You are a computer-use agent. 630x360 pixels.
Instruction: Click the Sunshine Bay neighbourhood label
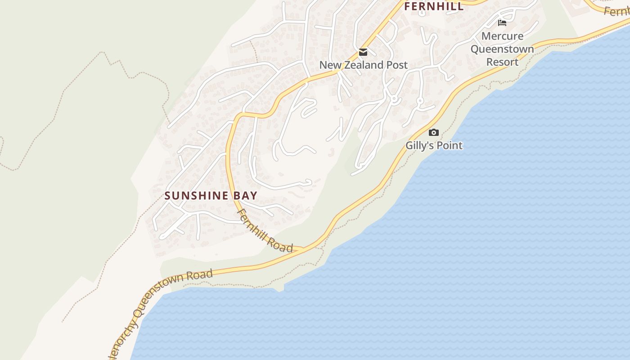[x=211, y=196]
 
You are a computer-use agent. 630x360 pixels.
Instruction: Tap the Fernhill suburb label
[x=434, y=6]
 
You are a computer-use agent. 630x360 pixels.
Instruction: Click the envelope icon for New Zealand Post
[x=363, y=52]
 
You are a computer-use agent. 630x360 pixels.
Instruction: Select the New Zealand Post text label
[x=363, y=65]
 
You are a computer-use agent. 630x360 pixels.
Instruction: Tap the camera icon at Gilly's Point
[x=433, y=132]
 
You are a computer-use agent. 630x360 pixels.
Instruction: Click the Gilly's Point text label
[x=434, y=145]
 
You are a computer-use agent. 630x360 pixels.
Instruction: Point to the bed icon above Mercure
[x=502, y=22]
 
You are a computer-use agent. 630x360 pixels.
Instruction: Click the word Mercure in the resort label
[x=502, y=36]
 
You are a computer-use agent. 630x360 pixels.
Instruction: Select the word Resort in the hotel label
[x=502, y=62]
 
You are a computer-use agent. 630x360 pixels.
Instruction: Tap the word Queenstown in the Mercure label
[x=502, y=49]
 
